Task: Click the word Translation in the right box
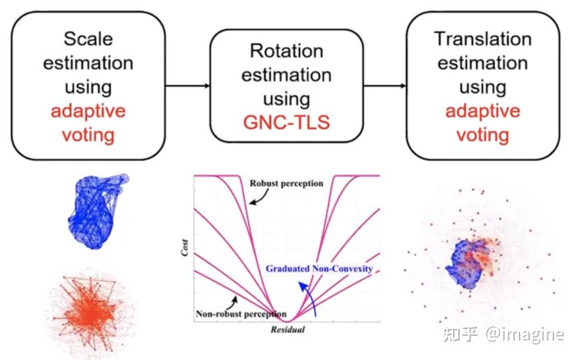pos(483,38)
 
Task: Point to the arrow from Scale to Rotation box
pos(187,86)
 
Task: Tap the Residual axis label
pos(288,330)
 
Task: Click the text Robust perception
pos(286,183)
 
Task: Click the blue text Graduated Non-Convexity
pos(319,268)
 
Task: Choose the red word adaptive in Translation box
pos(483,111)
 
